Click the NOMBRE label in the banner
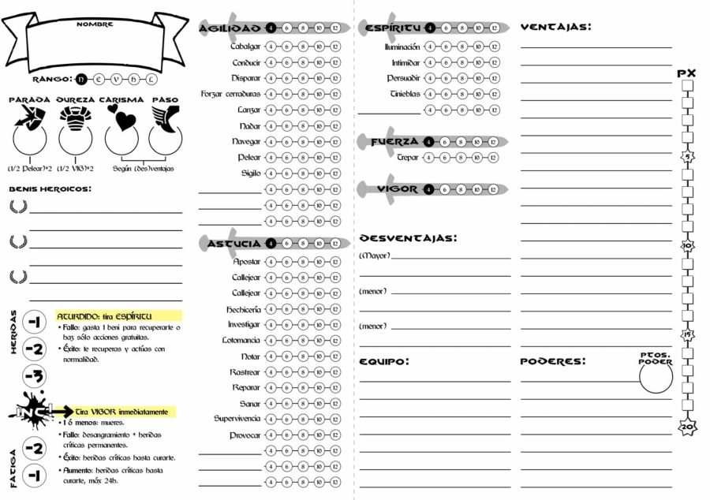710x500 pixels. (95, 24)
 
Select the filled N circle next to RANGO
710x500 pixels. (82, 79)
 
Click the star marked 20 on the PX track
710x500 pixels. (687, 427)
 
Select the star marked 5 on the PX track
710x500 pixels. (687, 156)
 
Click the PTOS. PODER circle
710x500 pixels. (656, 377)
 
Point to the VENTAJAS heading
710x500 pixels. (555, 27)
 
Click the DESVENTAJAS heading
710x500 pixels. (408, 237)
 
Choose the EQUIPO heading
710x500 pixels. (384, 361)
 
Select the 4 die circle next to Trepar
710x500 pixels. (428, 157)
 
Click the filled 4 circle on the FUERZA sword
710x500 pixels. (428, 141)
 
